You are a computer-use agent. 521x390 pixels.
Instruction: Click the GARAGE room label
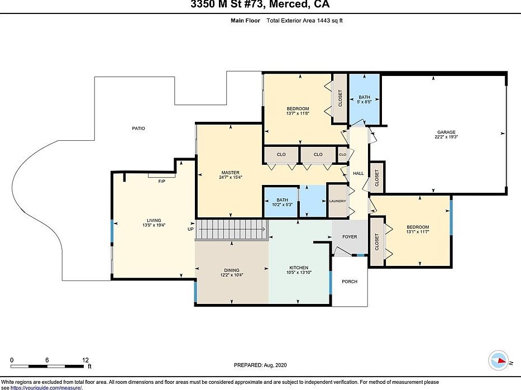click(x=446, y=132)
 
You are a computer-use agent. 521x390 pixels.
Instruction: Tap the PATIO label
click(x=138, y=129)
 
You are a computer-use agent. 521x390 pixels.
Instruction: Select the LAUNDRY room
click(x=337, y=201)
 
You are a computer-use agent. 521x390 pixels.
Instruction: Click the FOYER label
click(x=350, y=237)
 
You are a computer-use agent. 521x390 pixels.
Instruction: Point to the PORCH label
click(x=350, y=282)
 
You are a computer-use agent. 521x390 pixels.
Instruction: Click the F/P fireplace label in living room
click(x=162, y=182)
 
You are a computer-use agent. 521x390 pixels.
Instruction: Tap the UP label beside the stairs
click(x=190, y=230)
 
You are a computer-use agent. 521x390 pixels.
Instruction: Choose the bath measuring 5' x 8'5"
click(x=364, y=99)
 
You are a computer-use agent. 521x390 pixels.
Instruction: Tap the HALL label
click(x=359, y=174)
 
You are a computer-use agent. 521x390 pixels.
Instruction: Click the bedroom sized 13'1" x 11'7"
click(x=418, y=230)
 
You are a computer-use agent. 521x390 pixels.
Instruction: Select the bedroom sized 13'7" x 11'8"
click(x=298, y=111)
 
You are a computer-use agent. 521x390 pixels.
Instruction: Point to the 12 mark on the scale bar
click(x=85, y=359)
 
